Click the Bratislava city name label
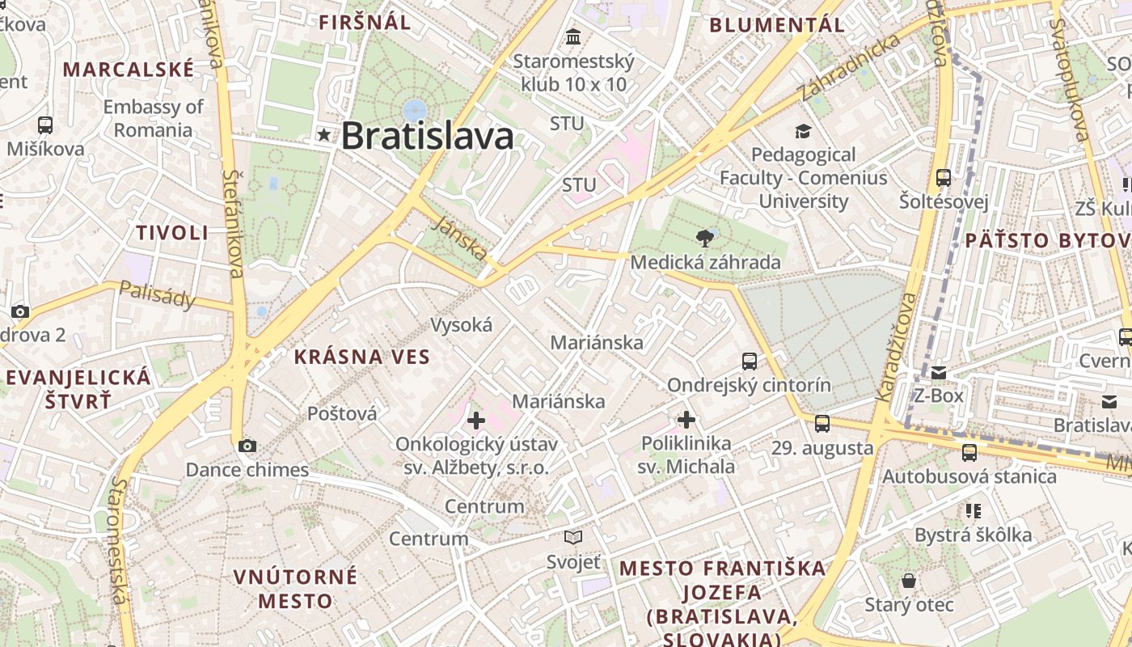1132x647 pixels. point(428,136)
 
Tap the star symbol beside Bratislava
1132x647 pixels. point(325,135)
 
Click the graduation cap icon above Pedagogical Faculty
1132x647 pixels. point(803,131)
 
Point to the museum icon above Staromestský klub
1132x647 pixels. point(574,36)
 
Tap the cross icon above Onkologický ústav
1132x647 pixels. point(476,420)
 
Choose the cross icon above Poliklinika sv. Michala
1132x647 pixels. point(686,419)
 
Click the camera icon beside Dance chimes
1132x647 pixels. point(247,446)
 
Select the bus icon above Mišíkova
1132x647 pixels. point(45,125)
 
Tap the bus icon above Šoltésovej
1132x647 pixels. point(944,178)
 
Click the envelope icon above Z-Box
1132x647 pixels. point(939,373)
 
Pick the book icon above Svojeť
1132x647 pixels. point(573,537)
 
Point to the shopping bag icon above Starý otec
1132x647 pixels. point(910,581)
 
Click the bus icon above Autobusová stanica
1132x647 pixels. point(969,453)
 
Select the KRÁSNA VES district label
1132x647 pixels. point(361,357)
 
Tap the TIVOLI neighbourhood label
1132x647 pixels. point(172,233)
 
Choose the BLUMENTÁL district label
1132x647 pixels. point(777,25)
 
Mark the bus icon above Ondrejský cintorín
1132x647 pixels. point(750,361)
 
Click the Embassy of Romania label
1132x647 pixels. point(154,118)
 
